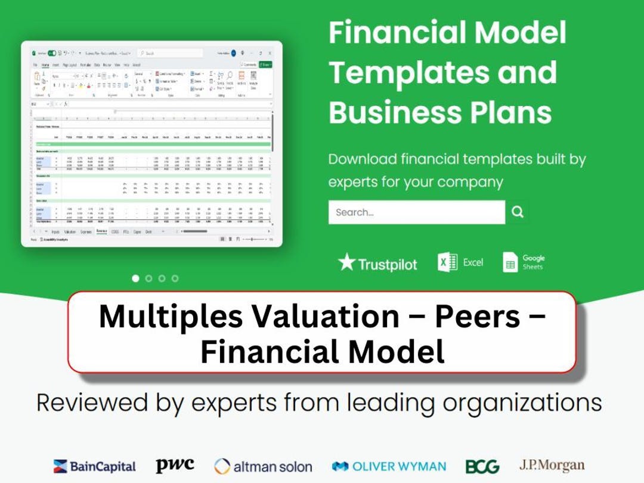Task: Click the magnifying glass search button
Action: tap(518, 212)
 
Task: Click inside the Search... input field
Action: tap(416, 212)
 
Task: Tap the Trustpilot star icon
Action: tap(346, 262)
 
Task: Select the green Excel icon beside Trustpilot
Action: tap(447, 262)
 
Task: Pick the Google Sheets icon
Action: tap(510, 262)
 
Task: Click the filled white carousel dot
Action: tap(135, 278)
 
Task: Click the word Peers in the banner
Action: tap(477, 316)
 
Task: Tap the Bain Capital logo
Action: tap(95, 466)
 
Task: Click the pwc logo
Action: tap(175, 465)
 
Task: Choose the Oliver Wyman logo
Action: tap(389, 466)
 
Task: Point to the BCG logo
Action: tap(482, 466)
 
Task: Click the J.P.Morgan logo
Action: tap(552, 465)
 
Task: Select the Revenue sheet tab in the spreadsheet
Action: tap(101, 231)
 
